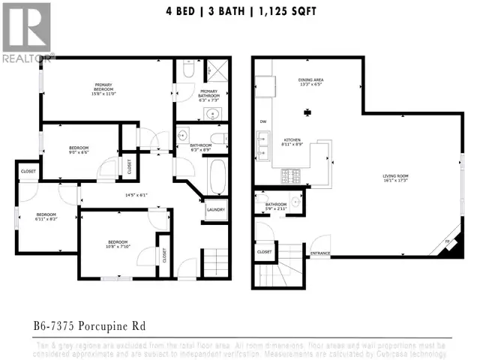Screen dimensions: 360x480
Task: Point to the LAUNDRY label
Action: [215, 210]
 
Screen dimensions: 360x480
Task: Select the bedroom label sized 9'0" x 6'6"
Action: [79, 150]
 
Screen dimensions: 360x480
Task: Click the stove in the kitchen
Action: [290, 177]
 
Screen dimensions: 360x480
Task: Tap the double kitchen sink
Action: [263, 147]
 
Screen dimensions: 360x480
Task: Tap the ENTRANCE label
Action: [320, 253]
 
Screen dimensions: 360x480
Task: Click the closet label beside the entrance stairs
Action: [264, 252]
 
